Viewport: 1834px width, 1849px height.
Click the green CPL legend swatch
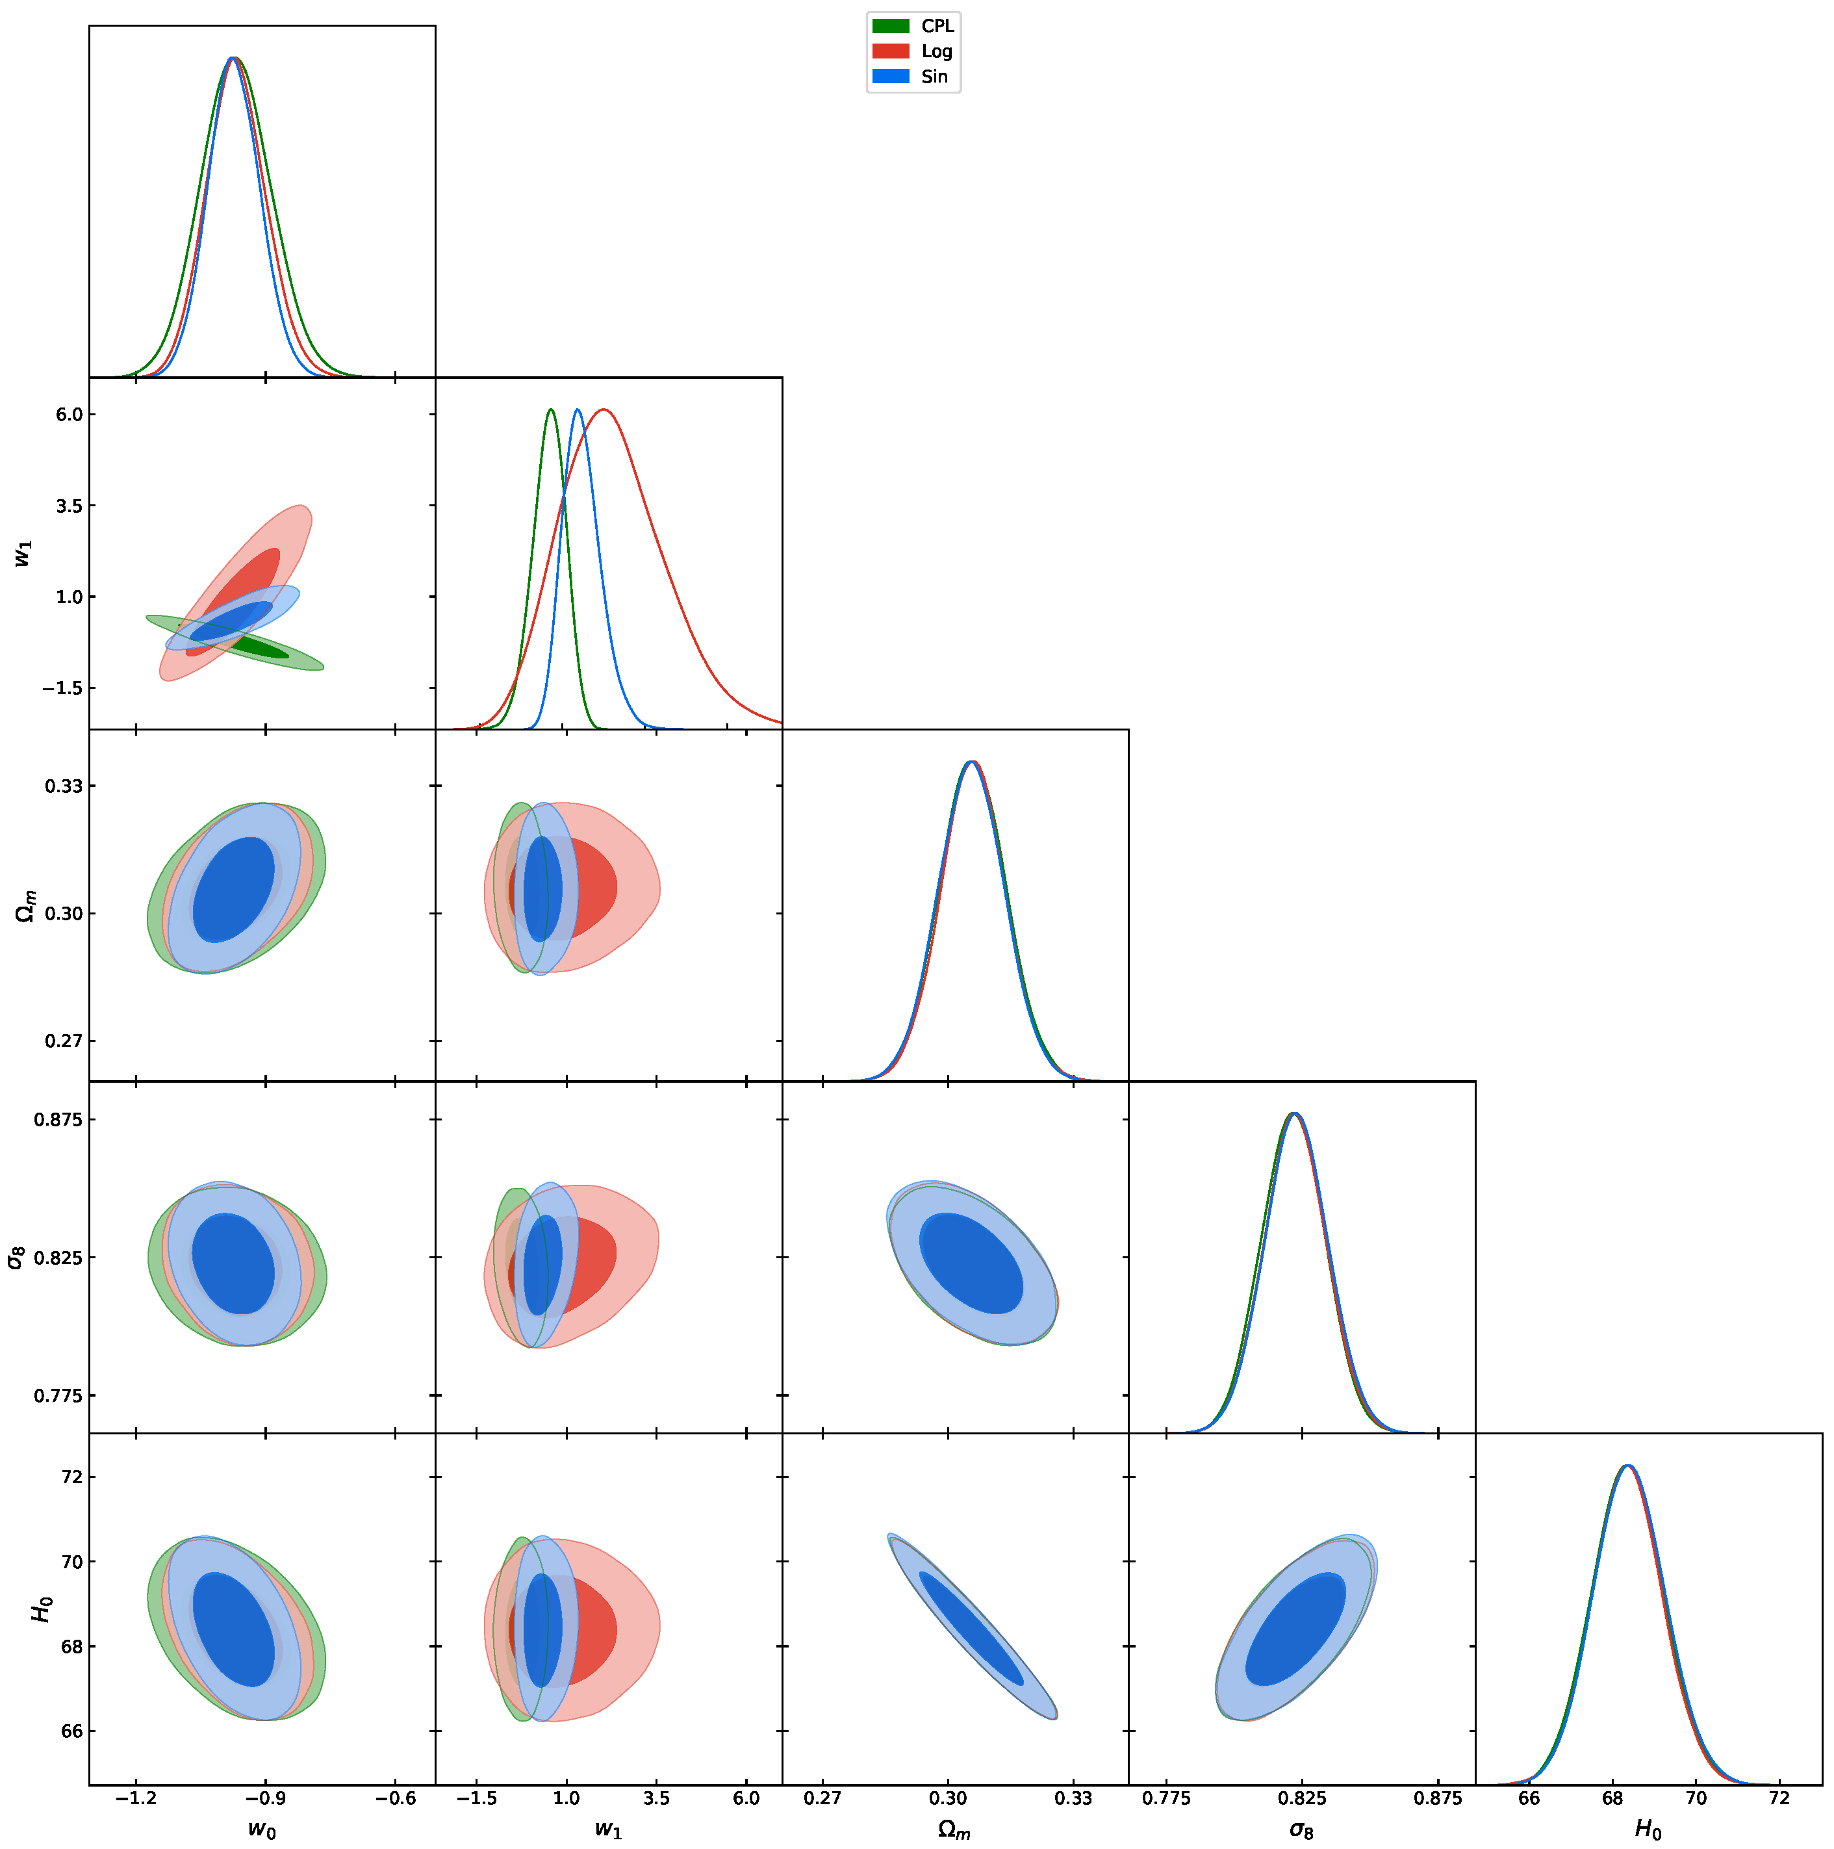[x=890, y=26]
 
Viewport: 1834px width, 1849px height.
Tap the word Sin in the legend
[x=934, y=77]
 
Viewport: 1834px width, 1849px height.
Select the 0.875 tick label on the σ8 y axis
[x=58, y=1120]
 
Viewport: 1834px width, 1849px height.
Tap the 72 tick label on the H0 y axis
[x=71, y=1477]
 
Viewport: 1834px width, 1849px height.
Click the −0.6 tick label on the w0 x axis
[x=395, y=1798]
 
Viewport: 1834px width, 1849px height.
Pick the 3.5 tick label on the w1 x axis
[x=656, y=1798]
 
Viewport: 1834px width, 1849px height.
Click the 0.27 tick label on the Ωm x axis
[x=822, y=1798]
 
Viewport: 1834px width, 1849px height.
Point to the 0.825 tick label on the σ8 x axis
[x=1302, y=1798]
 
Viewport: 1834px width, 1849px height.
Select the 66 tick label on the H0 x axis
[x=1529, y=1798]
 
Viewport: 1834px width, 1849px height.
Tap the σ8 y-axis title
[x=16, y=1256]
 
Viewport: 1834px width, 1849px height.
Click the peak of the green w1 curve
[x=551, y=409]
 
